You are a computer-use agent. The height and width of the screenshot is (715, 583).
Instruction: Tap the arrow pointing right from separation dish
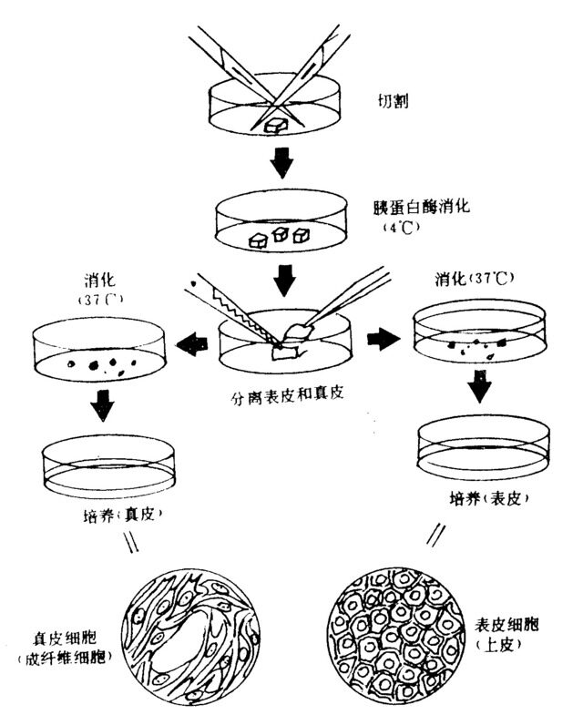pyautogui.click(x=381, y=340)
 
